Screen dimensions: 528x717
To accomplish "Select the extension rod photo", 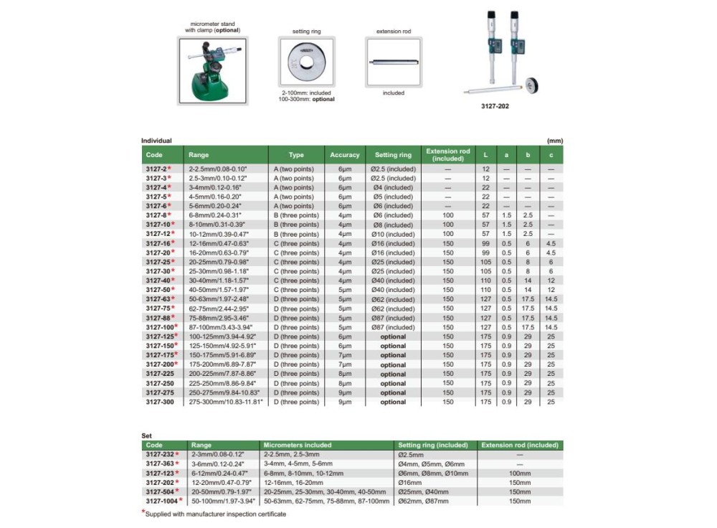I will (393, 62).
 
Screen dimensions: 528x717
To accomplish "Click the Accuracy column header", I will (344, 155).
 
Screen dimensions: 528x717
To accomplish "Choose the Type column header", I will (296, 155).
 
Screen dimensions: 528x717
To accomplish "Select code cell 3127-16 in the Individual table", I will (158, 243).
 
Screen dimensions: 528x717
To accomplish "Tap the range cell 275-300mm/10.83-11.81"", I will (226, 402).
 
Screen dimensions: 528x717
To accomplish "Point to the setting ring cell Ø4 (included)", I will (393, 187).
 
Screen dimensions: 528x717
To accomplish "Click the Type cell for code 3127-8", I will (296, 215).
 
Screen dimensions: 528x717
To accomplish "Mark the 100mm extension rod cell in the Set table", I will (519, 473).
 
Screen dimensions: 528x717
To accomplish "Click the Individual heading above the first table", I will (156, 141).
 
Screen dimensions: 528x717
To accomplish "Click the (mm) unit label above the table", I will (554, 141).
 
